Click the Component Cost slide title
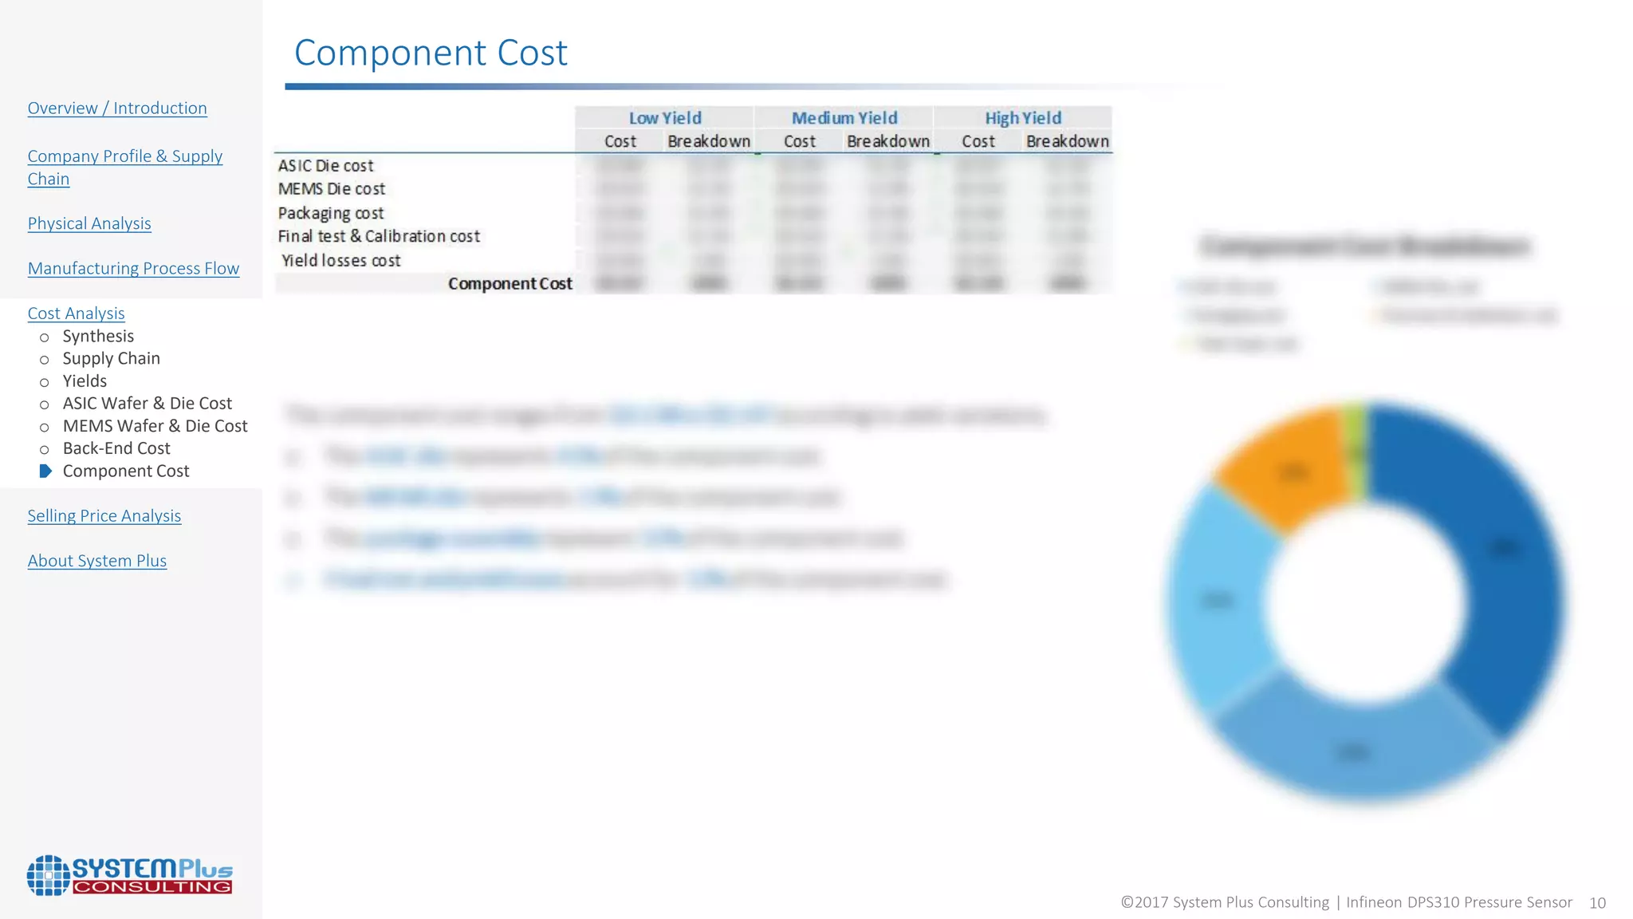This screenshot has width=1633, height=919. pos(431,53)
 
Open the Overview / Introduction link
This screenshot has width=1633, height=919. pos(117,108)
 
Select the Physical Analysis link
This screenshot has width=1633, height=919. pos(89,224)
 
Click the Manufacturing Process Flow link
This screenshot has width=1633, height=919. pos(133,269)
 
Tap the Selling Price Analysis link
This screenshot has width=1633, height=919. pos(104,516)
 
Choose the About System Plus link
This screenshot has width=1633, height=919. pos(97,561)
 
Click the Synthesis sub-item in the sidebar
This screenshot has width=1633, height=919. pos(98,337)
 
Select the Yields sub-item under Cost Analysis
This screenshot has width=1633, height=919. pos(85,381)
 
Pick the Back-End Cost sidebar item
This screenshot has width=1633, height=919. pos(116,448)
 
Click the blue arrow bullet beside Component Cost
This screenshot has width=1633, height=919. pos(45,471)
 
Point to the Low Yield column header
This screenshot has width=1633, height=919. pos(665,118)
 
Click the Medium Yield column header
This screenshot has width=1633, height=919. pos(844,118)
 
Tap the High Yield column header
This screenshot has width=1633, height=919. pos(1023,118)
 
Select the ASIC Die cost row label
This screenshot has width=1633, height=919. pos(325,166)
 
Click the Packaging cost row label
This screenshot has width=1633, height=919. pos(331,214)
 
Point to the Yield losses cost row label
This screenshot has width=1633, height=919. pos(340,261)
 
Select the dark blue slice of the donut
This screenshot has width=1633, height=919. pos(1491,558)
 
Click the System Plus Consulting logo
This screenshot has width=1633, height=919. pos(130,875)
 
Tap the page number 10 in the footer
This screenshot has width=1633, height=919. pos(1597,903)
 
